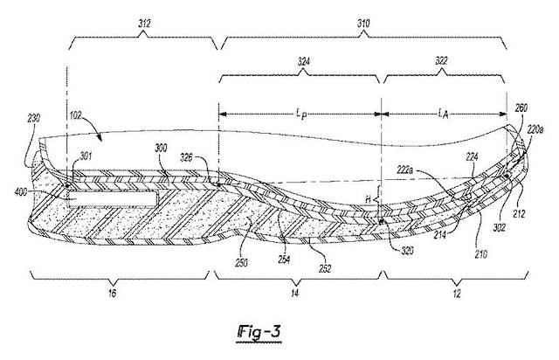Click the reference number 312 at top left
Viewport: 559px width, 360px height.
point(144,24)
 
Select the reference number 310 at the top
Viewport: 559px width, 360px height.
point(363,24)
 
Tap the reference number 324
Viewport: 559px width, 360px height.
point(303,62)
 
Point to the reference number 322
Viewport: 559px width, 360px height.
point(441,61)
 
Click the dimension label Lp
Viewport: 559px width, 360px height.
point(301,114)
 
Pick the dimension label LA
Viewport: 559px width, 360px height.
point(443,114)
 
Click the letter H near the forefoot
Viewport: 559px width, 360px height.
point(369,200)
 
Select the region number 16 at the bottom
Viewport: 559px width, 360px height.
point(112,294)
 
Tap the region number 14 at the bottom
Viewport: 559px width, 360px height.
point(295,294)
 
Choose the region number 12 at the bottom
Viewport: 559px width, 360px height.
point(457,294)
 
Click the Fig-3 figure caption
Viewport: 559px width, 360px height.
point(259,333)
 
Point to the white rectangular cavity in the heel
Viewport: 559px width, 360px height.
point(113,198)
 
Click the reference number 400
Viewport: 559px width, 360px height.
point(21,192)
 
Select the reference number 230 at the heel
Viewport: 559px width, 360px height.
point(33,118)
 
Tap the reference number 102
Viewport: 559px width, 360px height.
point(75,115)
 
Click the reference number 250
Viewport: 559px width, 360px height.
point(241,263)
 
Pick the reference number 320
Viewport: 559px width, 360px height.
point(407,251)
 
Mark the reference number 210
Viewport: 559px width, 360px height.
point(480,254)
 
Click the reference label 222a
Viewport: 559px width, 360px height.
point(405,171)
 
